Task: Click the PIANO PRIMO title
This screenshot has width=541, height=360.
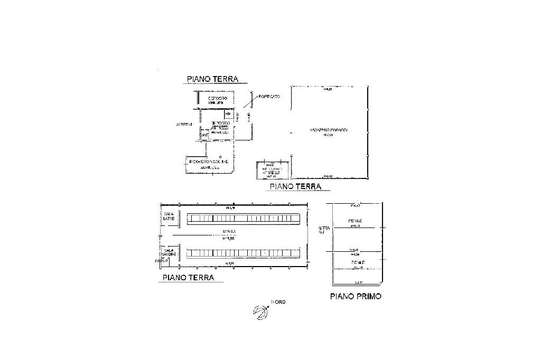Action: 356,296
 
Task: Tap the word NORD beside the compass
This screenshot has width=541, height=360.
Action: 278,302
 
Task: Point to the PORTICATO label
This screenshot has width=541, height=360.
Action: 269,97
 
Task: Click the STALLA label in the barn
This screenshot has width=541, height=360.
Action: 229,232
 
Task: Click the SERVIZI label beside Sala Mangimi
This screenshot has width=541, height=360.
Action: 162,261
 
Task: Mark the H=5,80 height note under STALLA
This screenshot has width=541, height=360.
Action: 229,238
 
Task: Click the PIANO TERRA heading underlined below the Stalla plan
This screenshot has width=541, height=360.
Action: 188,277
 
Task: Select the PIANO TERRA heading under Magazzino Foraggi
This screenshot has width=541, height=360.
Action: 295,186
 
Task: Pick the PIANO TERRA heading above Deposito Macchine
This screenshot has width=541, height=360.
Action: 212,79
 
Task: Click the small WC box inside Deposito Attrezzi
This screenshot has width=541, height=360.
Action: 228,114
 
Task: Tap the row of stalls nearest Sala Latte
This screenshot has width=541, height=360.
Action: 244,218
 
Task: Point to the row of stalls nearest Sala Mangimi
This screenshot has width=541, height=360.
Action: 244,253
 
